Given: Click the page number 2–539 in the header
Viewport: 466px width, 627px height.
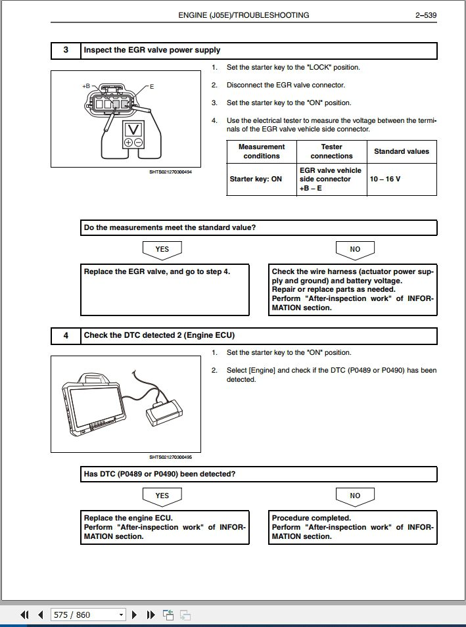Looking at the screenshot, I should point(426,14).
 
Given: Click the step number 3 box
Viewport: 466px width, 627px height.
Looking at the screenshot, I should point(66,50).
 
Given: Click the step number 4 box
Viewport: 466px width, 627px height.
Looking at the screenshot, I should point(66,335).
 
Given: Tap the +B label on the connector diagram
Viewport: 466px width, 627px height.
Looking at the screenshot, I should point(86,86).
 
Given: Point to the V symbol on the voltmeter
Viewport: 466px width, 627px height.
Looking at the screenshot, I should point(134,128).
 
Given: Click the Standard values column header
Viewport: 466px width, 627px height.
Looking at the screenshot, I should point(402,151).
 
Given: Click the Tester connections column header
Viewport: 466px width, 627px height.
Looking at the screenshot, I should point(331,151).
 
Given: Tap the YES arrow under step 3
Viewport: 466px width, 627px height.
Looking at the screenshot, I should point(162,250).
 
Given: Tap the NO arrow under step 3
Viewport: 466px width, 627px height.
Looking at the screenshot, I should point(355,250).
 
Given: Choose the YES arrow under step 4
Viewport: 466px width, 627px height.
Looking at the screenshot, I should point(162,496).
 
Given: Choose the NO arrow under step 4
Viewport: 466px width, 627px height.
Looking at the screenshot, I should point(355,496).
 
